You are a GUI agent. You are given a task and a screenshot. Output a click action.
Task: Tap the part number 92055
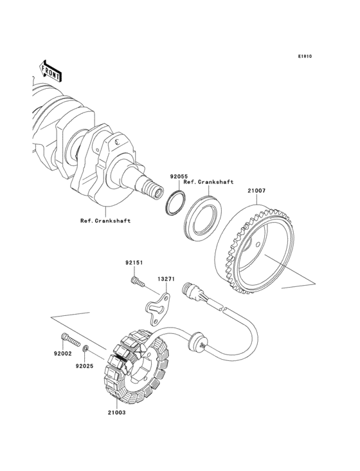point(178,176)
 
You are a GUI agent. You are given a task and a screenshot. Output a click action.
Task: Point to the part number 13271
point(167,280)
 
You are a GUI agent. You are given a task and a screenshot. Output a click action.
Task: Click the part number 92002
point(62,353)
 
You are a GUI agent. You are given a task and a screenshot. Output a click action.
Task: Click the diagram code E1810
point(304,57)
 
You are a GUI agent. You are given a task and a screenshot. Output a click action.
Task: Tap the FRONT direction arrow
point(51,70)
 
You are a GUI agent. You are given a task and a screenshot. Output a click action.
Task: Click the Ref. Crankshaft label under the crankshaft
point(105,221)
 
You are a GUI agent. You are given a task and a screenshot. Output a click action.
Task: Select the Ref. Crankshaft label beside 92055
point(208,183)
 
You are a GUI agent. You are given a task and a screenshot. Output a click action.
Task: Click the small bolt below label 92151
point(136,282)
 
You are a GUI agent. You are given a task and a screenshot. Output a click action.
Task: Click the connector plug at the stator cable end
point(192,290)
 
